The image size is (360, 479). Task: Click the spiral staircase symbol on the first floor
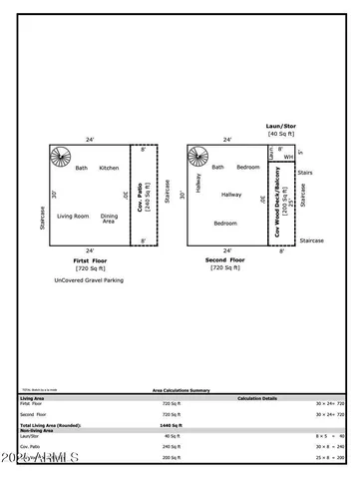coord(62,158)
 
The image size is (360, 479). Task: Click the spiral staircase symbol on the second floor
coord(198,158)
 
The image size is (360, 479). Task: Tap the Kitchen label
coord(109,168)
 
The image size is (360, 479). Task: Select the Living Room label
coord(73,216)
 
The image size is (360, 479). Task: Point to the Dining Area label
coord(109,219)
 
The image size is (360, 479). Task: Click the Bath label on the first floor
coord(82,168)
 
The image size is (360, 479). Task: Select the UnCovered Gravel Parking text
coord(90,280)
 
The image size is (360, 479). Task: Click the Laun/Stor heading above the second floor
coord(283,126)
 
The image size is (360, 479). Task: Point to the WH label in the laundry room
coord(287,157)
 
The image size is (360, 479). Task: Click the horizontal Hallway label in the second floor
coord(231,195)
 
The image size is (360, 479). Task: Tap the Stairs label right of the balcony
coord(305,173)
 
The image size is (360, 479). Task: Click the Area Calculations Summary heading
coord(180,390)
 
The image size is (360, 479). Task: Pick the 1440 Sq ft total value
coord(172,425)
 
